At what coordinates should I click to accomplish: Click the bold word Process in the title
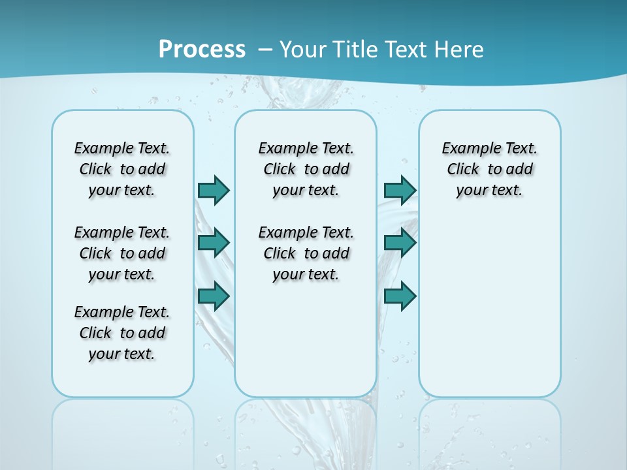tap(202, 50)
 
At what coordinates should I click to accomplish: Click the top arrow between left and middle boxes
tap(214, 190)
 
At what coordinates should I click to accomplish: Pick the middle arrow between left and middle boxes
tap(214, 243)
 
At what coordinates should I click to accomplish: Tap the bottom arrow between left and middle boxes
tap(214, 296)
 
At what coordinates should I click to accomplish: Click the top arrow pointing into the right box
tap(400, 190)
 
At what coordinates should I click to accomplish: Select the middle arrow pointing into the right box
tap(400, 243)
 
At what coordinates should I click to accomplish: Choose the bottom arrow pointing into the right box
tap(400, 296)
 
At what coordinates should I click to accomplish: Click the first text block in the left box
tap(122, 169)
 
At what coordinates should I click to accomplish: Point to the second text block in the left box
tap(122, 253)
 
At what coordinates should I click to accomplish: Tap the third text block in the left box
tap(122, 333)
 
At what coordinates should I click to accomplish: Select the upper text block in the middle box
tap(306, 169)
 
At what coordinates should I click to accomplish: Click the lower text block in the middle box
tap(306, 253)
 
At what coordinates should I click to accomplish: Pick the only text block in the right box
tap(489, 169)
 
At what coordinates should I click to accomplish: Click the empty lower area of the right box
tap(489, 307)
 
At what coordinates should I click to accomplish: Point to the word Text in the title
tap(406, 50)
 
